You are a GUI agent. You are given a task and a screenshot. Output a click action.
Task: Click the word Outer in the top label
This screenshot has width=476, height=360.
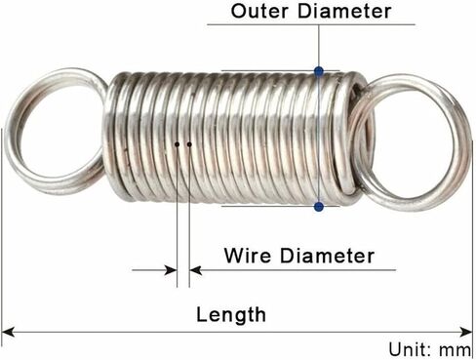point(259,11)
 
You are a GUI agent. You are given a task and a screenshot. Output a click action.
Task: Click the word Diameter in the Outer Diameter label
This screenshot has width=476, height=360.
point(344,11)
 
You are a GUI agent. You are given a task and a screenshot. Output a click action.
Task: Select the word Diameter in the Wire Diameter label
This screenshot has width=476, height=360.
point(327,256)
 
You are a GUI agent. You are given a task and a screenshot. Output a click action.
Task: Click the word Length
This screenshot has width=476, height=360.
point(231,315)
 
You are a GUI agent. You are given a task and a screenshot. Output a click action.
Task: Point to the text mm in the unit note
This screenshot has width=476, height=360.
point(455,350)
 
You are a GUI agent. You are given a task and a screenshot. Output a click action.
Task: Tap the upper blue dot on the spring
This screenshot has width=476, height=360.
point(319,71)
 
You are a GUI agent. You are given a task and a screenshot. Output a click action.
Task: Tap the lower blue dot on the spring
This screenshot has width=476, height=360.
point(319,206)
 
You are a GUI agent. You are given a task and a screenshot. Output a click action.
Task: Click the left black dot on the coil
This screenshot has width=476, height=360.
point(178,144)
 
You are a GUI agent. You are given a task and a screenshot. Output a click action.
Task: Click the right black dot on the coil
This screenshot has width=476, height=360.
point(189,144)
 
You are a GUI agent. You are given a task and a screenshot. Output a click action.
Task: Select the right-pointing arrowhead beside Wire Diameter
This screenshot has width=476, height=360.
point(171,270)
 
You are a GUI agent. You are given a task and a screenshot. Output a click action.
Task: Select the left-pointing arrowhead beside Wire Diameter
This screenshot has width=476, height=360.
point(195,270)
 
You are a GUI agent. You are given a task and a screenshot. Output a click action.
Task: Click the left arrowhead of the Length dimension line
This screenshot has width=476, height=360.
point(8,332)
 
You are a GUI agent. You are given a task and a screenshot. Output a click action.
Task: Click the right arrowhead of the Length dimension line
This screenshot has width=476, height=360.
point(466,332)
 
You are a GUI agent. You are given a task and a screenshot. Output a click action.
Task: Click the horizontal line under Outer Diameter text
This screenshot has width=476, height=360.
point(311,24)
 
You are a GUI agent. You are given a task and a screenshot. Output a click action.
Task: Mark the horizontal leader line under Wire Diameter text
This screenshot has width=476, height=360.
point(293,270)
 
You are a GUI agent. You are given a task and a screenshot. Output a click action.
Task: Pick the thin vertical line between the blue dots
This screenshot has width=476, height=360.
point(319,139)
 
